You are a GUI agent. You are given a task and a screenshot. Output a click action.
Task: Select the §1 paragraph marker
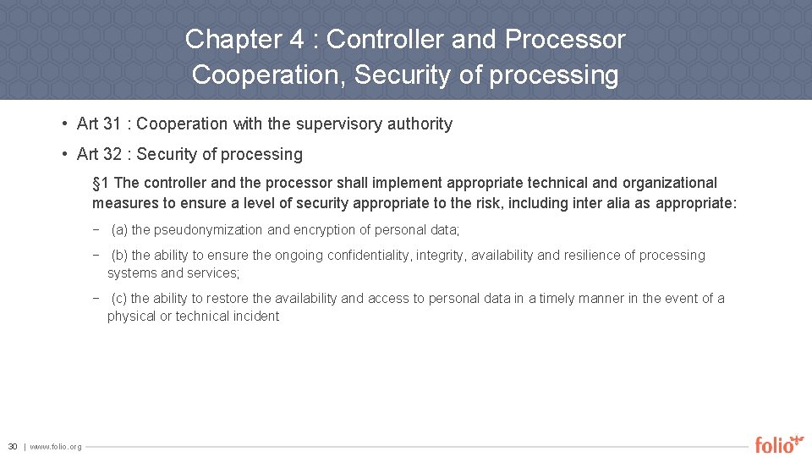[101, 183]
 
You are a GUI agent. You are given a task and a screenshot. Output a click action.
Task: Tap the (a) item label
[119, 230]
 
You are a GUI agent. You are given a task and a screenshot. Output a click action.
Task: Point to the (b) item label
[119, 256]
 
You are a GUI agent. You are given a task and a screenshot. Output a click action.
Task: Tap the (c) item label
[119, 299]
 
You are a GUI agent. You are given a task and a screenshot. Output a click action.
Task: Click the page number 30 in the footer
[13, 446]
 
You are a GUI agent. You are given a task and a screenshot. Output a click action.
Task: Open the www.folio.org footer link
[56, 446]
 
